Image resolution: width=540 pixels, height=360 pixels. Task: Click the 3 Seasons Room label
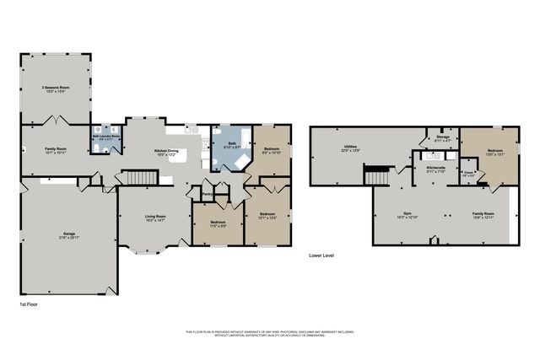(x=55, y=89)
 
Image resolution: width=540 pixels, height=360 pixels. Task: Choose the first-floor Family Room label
(x=55, y=151)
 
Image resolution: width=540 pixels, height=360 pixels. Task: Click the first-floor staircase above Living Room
(x=140, y=178)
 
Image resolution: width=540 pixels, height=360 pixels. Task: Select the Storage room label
(x=442, y=137)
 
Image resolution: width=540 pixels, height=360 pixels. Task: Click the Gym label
(x=408, y=215)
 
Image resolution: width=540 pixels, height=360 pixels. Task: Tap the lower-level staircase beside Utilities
(x=376, y=176)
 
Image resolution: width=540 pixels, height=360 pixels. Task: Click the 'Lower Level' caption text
(x=321, y=254)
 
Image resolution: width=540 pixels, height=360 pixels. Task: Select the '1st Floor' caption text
(x=29, y=303)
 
